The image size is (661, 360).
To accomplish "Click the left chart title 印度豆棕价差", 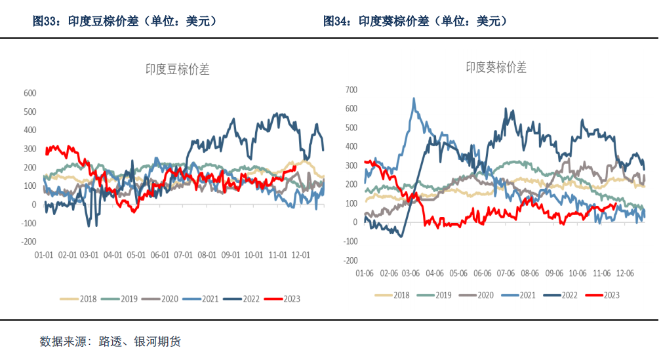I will point(177,70).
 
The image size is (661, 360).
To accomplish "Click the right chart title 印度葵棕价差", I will point(496,68).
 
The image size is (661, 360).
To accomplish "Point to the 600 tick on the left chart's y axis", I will point(30,93).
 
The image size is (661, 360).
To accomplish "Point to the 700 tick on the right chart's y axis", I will point(351,89).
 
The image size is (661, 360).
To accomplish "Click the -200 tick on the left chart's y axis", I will point(28,242).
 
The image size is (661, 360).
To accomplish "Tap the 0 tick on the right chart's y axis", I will point(355,222).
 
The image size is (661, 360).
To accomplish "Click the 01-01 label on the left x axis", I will point(43,255).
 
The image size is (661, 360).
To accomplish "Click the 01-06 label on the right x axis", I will point(365,272).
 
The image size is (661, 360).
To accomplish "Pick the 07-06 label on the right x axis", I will point(506,272).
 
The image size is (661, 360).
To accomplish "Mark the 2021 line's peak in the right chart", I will point(413,99).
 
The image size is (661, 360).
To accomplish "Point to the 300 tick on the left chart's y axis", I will point(30,149).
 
